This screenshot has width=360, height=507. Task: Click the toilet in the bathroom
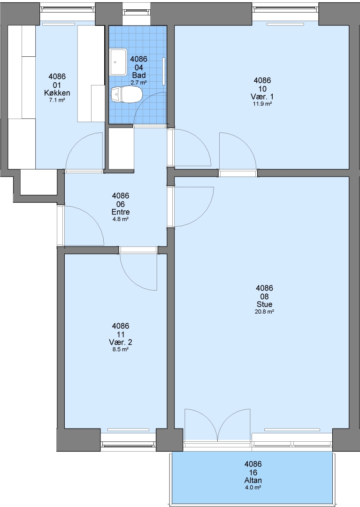tap(126, 95)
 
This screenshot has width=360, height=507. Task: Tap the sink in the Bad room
tap(118, 61)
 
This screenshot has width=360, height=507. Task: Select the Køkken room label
tap(57, 93)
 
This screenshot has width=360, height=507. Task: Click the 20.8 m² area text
tap(264, 312)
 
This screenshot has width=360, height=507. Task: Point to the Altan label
tap(253, 481)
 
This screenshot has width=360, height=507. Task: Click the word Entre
tap(121, 212)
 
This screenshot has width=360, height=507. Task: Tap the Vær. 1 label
tap(262, 97)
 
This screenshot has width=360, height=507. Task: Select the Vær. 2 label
tap(121, 342)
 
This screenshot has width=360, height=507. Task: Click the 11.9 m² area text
tap(262, 104)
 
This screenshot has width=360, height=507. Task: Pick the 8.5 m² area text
tap(121, 350)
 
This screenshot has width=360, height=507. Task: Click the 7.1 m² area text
tap(57, 100)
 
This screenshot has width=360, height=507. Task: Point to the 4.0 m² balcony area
tap(253, 488)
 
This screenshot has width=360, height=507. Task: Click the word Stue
tap(264, 304)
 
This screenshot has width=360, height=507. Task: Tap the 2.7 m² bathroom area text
tap(138, 83)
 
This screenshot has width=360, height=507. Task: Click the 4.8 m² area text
tap(121, 219)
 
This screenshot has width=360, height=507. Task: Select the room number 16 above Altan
tap(253, 472)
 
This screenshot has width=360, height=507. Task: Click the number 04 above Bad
tap(138, 67)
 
